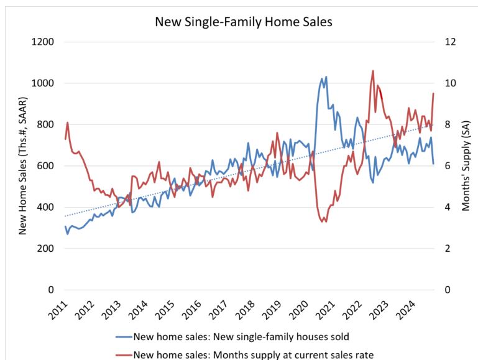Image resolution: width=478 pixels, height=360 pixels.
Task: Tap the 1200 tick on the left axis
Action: tap(44, 42)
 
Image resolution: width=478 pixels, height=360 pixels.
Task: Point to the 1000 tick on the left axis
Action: tap(44, 83)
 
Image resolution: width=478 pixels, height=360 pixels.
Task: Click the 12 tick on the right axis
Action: tap(451, 42)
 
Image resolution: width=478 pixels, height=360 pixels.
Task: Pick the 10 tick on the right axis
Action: tap(451, 83)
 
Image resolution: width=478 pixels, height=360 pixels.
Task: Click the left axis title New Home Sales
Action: tap(23, 165)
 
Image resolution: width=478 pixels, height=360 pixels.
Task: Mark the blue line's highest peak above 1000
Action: tap(326, 77)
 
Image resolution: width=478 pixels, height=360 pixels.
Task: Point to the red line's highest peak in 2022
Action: tap(373, 71)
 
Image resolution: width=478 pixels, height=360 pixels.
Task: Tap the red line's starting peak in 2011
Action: tap(67, 122)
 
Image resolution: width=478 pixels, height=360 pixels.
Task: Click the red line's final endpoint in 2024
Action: tap(433, 93)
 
